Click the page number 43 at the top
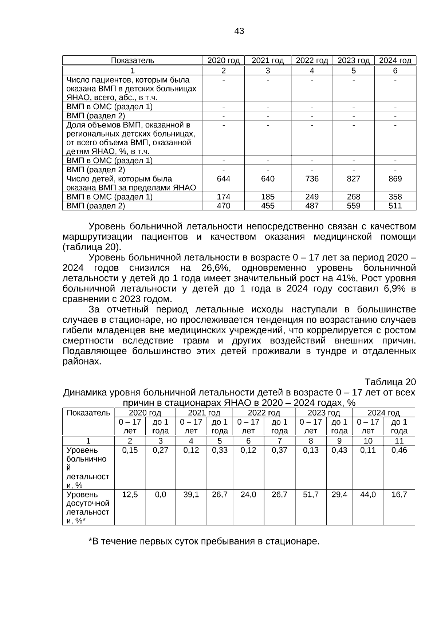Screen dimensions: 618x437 coord(239,31)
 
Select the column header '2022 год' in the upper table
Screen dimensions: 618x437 coord(312,60)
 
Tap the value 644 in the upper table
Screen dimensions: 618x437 coord(223,179)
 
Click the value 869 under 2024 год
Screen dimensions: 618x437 coord(395,179)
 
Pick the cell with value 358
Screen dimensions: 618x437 coord(395,197)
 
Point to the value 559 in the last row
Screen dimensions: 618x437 coord(353,206)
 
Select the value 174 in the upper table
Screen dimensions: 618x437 coord(223,197)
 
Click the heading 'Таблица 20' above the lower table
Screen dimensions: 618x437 coord(390,382)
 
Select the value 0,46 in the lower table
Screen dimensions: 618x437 coord(399,450)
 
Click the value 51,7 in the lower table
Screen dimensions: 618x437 coord(311,495)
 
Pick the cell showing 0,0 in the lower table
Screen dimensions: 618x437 coord(160,495)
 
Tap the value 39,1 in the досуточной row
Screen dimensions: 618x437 coord(191,495)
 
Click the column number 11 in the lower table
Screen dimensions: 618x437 coord(399,441)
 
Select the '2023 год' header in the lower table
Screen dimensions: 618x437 coord(324,413)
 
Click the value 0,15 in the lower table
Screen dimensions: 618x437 coord(130,450)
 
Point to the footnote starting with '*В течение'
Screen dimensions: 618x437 coord(204,542)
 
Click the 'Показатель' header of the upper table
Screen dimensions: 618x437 coord(132,60)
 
